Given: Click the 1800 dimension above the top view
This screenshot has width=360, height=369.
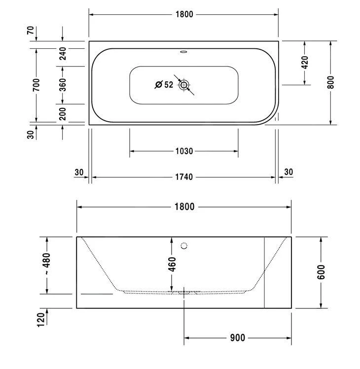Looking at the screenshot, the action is (x=184, y=14).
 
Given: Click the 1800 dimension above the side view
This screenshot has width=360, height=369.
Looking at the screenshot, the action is (x=184, y=207).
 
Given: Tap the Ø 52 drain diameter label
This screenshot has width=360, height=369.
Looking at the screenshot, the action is (x=164, y=84).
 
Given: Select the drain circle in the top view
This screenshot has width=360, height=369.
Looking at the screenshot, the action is (x=184, y=85).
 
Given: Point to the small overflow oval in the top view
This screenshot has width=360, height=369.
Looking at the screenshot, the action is (x=183, y=52).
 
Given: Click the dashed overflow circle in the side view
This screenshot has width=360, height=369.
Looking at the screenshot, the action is (x=184, y=246).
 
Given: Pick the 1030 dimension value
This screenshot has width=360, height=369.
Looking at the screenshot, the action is (x=184, y=151).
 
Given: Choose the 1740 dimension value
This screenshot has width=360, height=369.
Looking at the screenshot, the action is (x=184, y=177).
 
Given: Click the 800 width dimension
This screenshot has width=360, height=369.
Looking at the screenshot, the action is (x=330, y=82).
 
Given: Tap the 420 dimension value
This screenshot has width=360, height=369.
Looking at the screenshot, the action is (x=305, y=63).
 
